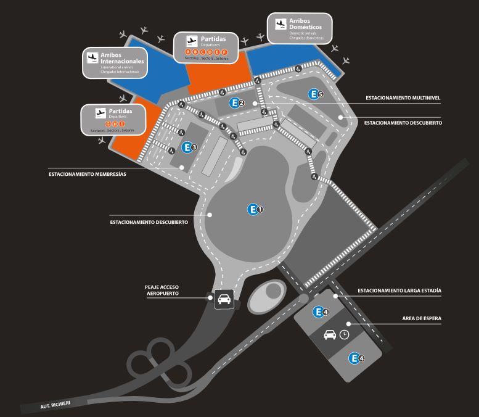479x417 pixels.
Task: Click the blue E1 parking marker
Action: click(255, 210)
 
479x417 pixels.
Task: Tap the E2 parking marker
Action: click(237, 103)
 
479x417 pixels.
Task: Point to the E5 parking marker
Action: click(316, 94)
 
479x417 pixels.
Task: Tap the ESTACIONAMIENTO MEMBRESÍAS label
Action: click(88, 174)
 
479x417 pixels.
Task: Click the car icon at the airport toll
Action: click(223, 300)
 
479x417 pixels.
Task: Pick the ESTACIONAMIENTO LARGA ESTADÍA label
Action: click(399, 290)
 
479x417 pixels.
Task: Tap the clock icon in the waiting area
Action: click(344, 334)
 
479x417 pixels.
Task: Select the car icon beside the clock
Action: click(330, 335)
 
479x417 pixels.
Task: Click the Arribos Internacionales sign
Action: click(115, 64)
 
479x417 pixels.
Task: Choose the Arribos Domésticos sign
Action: click(300, 28)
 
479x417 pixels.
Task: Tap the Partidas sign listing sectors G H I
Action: click(113, 120)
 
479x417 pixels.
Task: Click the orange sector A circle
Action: click(187, 52)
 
